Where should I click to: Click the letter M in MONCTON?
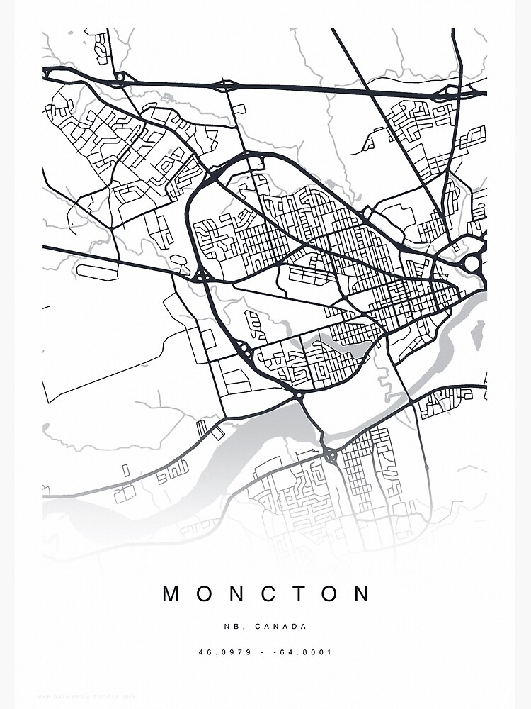[x=172, y=593]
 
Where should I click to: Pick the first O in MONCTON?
[x=205, y=593]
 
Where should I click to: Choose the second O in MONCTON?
[x=330, y=593]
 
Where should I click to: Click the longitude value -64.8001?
[x=304, y=652]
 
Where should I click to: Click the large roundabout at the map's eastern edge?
[x=472, y=264]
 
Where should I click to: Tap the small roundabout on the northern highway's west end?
[x=120, y=77]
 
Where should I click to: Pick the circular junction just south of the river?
[x=330, y=454]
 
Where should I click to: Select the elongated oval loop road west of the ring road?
[x=97, y=272]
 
